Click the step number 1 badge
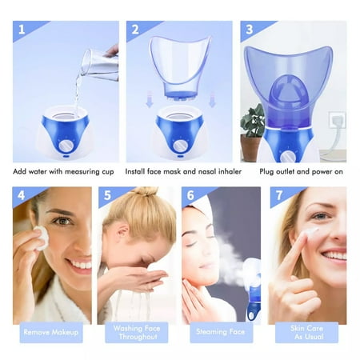tap(21, 30)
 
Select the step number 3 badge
tap(250, 30)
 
